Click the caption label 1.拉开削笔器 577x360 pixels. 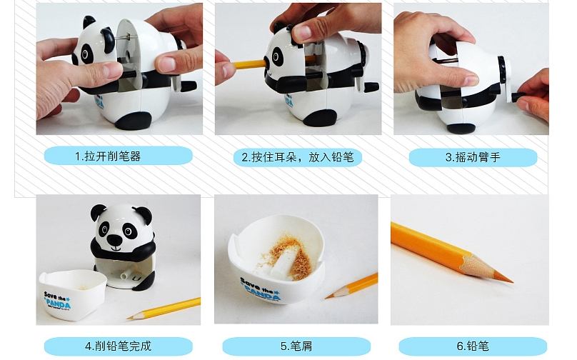[118, 156]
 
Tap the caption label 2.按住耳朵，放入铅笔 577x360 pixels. [297, 158]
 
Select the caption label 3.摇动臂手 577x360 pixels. [473, 158]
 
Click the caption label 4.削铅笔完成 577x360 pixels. [118, 346]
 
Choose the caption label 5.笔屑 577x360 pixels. [296, 346]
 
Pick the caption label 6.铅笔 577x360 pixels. [473, 346]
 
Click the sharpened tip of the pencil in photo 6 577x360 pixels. [511, 281]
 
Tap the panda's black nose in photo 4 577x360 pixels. [115, 240]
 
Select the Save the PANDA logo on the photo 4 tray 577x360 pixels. [57, 299]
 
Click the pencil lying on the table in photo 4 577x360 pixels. [164, 309]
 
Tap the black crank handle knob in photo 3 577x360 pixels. [519, 97]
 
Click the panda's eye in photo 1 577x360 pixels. [86, 54]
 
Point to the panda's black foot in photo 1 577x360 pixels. [133, 121]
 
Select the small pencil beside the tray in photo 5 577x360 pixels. [351, 286]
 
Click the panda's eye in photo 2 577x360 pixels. [277, 56]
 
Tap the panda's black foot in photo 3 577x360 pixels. [461, 128]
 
